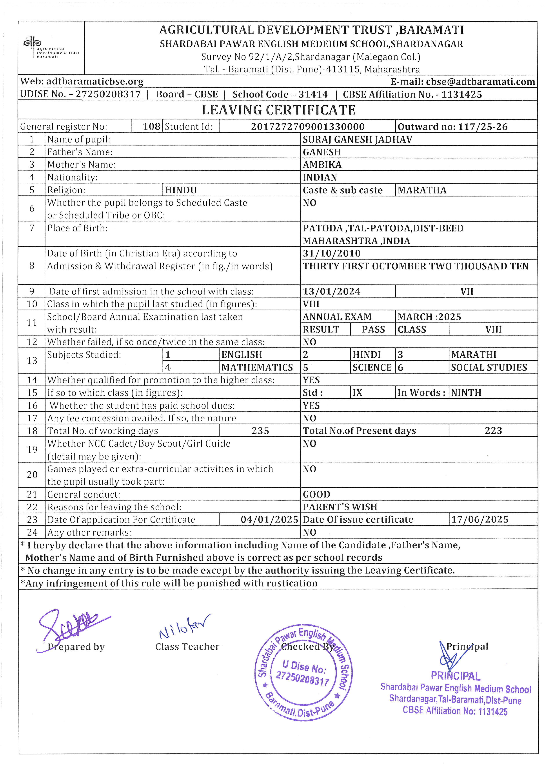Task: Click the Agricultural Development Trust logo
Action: pyautogui.click(x=50, y=48)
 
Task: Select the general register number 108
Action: pyautogui.click(x=152, y=126)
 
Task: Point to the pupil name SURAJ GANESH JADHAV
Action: pyautogui.click(x=357, y=139)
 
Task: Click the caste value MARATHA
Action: pyautogui.click(x=422, y=190)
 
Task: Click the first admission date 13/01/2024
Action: pyautogui.click(x=332, y=291)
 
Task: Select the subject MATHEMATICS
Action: pyautogui.click(x=257, y=367)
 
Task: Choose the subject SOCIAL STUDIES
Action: pyautogui.click(x=489, y=367)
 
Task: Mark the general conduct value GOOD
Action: pyautogui.click(x=316, y=494)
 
